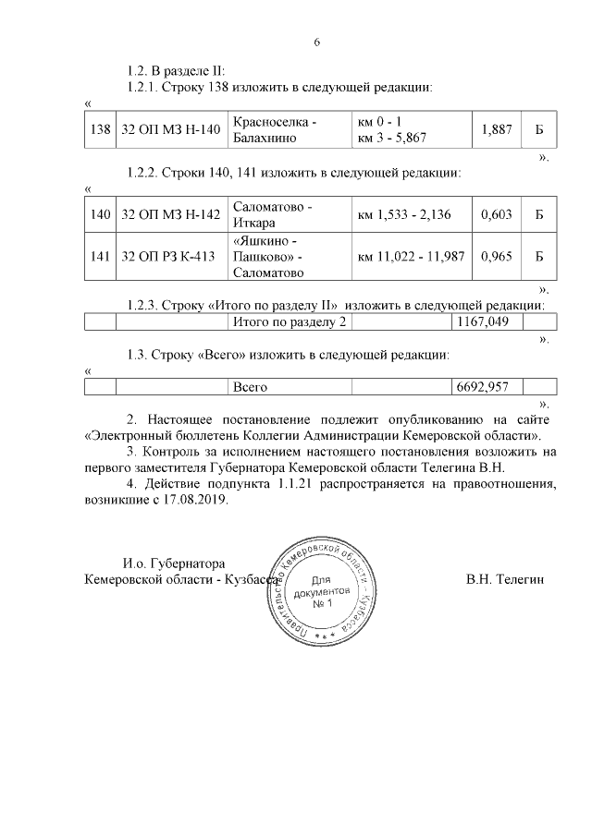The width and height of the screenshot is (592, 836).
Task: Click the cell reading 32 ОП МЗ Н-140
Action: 170,130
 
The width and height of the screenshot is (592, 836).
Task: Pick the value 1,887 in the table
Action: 497,130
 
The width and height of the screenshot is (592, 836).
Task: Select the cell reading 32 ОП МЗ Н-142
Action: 170,214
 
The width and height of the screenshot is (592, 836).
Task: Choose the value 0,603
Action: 497,214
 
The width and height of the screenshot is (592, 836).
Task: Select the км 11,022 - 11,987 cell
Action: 411,256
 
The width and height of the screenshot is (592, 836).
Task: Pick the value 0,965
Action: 497,256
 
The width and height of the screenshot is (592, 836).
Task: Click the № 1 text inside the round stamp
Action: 322,603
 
